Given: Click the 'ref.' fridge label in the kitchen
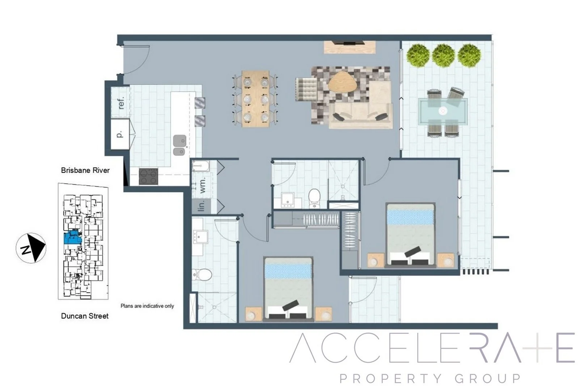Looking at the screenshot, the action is (121, 103).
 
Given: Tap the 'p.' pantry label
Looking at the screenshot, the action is (119, 134).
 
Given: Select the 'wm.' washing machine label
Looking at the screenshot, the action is (203, 185).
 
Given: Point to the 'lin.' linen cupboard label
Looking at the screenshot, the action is (202, 205).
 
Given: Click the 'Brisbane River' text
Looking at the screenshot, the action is (85, 170).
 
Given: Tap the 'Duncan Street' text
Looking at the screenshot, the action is (85, 316).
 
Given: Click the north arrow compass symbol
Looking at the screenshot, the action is (31, 248).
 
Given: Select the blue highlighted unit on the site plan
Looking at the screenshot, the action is (73, 237).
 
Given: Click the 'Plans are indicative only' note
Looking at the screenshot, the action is (147, 306).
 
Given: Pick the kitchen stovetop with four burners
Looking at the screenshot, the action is (148, 177).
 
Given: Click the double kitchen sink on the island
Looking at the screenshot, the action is (179, 145).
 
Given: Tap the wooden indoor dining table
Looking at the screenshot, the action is (255, 99).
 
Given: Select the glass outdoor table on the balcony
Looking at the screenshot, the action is (443, 111).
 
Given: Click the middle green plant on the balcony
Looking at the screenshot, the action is (443, 56).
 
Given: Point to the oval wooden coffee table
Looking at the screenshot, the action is (342, 82).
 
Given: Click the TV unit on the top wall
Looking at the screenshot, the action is (350, 47).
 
